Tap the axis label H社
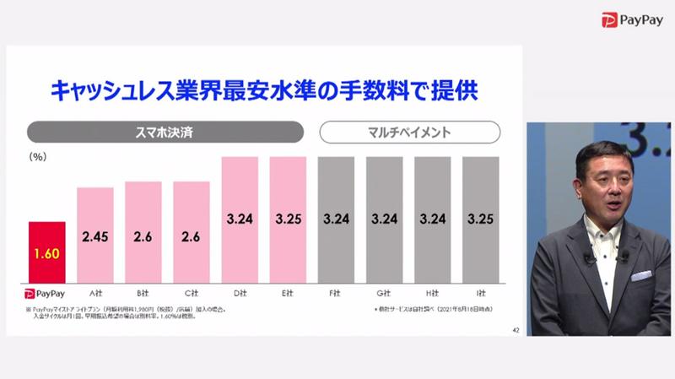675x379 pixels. pos(432,292)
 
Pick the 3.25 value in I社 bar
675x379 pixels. pos(480,219)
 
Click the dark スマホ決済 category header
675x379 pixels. pos(165,133)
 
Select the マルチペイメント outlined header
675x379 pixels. pos(409,133)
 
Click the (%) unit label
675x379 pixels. pos(38,157)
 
